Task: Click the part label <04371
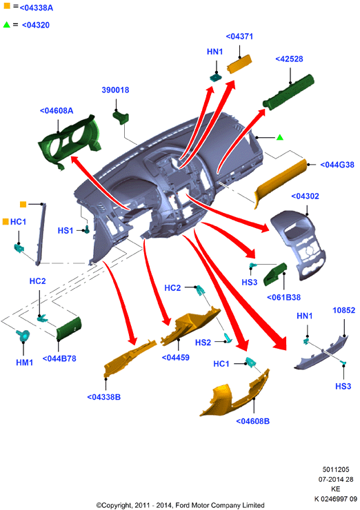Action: pos(239,37)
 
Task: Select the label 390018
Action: pos(115,90)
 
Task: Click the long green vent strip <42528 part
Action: pos(288,91)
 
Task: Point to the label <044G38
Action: pos(337,165)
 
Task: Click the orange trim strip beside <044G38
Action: pos(280,182)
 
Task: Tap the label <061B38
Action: pos(283,297)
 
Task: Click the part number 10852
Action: pos(343,310)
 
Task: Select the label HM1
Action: pos(24,363)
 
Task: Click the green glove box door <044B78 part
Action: pos(69,329)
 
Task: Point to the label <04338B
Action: pos(104,397)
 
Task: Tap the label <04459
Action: pos(175,358)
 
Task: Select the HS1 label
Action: pos(66,231)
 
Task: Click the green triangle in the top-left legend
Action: pos(6,24)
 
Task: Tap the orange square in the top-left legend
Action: pos(6,6)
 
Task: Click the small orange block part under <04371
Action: pos(239,64)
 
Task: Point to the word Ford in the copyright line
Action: pos(182,505)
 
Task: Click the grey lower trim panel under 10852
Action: pos(321,354)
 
